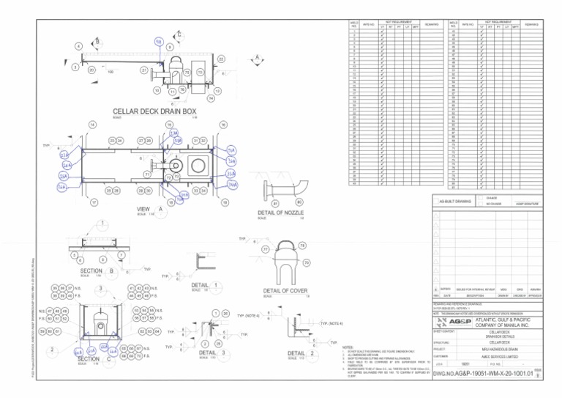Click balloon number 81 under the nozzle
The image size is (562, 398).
click(275, 202)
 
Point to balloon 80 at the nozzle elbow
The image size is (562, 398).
click(299, 202)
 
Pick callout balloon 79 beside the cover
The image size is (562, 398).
click(302, 246)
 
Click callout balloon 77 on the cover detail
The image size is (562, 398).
click(265, 249)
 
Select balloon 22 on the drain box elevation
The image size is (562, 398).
click(221, 59)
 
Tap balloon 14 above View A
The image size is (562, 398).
click(92, 125)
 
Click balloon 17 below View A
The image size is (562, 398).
click(94, 202)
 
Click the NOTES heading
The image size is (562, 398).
click(348, 347)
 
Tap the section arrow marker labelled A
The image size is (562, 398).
click(258, 59)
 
